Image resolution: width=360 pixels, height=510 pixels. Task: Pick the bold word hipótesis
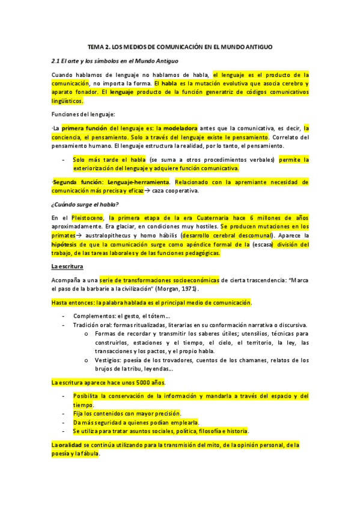pyautogui.click(x=66, y=245)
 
